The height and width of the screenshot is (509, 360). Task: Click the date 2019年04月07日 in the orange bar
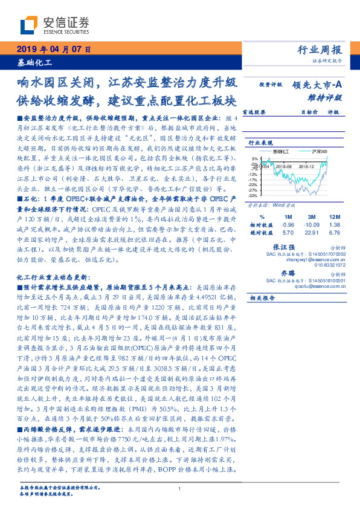coord(54,49)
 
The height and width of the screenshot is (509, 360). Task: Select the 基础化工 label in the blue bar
coord(34,62)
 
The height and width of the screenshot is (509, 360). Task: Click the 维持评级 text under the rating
coord(329,97)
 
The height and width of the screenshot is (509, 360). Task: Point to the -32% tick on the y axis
coord(252,196)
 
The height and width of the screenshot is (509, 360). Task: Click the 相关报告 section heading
coord(262,298)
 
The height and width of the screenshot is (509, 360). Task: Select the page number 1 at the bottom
coord(180,489)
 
